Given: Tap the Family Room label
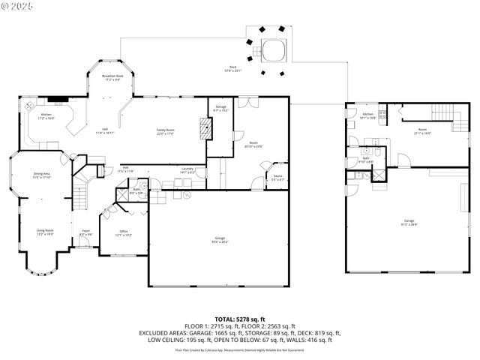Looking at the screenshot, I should tap(165, 132).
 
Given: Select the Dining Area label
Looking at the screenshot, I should tap(42, 175).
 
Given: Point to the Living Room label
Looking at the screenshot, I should tap(46, 232).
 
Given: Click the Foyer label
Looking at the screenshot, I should tap(85, 233).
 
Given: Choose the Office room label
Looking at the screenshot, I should tap(124, 233).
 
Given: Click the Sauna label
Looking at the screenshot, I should tap(277, 178).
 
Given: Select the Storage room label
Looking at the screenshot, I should tap(220, 109).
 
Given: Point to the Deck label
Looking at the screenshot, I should tap(233, 69).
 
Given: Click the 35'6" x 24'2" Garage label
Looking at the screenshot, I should tap(219, 240).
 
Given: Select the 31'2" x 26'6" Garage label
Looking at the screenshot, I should tap(409, 222).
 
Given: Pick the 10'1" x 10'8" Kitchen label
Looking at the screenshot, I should tap(368, 116).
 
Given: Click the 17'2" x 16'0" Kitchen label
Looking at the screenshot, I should tap(46, 116).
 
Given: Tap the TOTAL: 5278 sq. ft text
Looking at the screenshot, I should tap(240, 319).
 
